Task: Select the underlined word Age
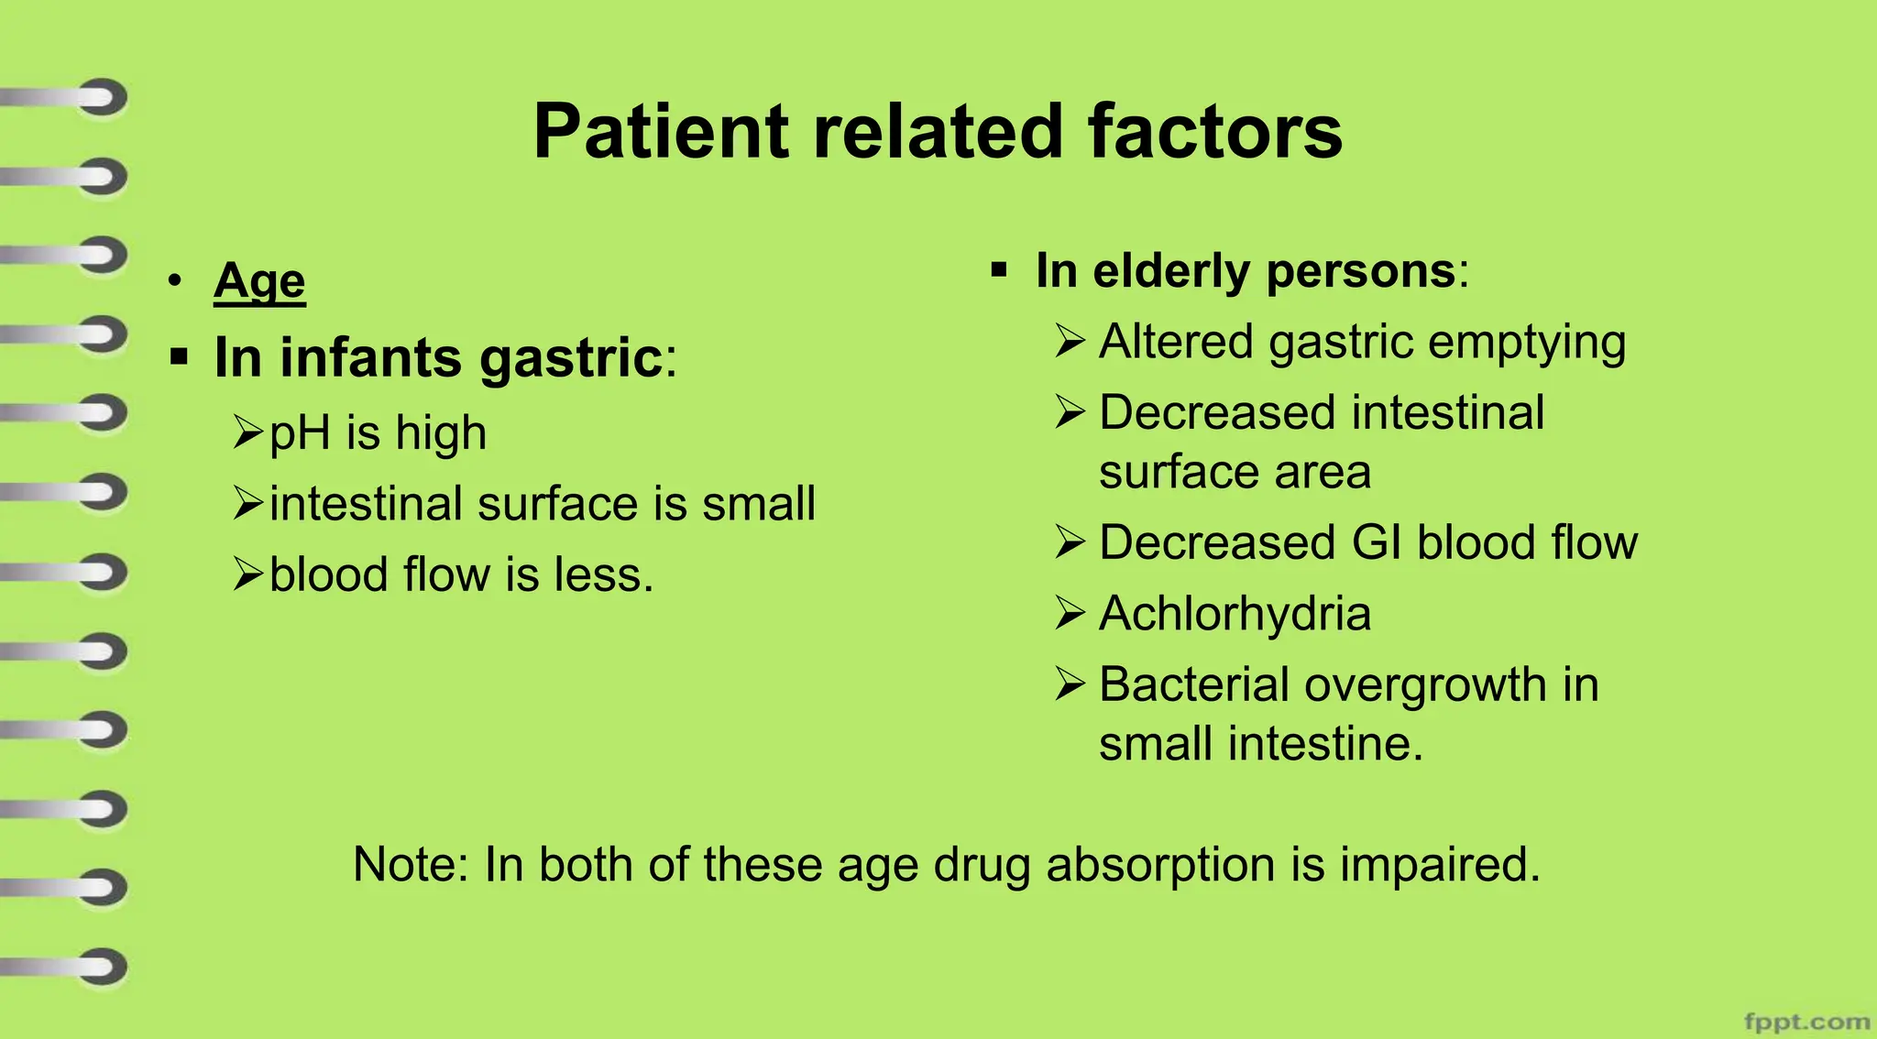[x=259, y=280]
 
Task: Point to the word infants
[x=370, y=357]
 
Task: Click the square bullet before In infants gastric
[x=179, y=356]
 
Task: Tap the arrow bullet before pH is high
[x=247, y=432]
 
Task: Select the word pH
[x=300, y=432]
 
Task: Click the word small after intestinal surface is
[x=758, y=504]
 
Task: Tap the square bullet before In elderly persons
[x=999, y=270]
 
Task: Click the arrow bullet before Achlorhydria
[x=1070, y=613]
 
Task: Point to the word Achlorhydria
[x=1235, y=613]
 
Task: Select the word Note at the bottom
[x=410, y=864]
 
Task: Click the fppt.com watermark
[x=1806, y=1021]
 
